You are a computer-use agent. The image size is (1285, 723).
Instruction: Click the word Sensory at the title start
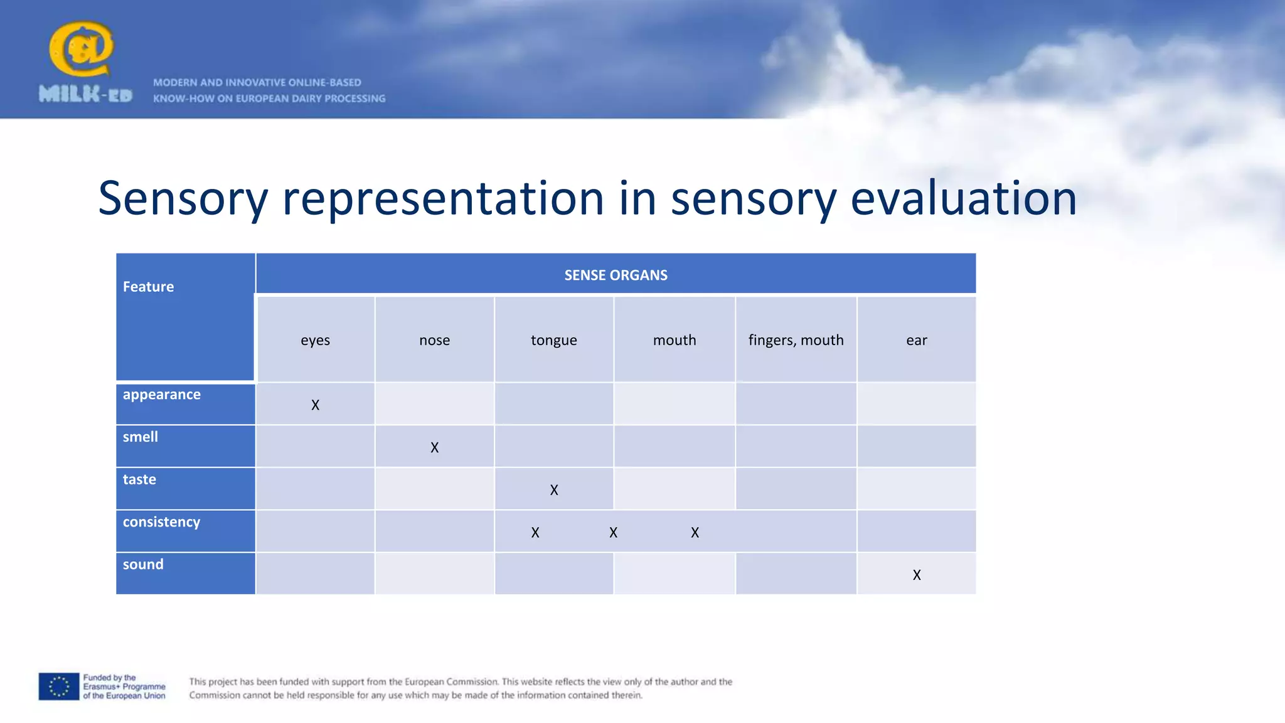(183, 198)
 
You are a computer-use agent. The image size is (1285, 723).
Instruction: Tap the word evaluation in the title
(963, 198)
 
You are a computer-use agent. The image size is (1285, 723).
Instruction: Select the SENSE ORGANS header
(616, 275)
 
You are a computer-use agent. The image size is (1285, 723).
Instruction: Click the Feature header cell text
(148, 287)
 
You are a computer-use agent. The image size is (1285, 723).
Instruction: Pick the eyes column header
(315, 340)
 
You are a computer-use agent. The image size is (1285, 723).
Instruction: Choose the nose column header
(434, 340)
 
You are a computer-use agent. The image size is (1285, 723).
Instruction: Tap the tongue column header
(553, 340)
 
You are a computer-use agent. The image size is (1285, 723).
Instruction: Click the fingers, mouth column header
(796, 340)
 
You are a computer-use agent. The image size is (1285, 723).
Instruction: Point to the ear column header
(916, 340)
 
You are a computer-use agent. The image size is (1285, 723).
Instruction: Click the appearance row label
(161, 395)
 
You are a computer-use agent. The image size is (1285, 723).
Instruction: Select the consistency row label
(161, 522)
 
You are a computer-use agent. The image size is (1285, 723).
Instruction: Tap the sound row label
(143, 564)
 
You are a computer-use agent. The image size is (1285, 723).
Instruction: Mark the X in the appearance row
(315, 405)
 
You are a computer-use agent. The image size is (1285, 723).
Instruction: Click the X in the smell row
(434, 447)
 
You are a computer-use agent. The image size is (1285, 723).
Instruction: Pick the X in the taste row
(553, 490)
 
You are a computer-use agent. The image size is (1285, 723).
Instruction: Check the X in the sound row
(916, 575)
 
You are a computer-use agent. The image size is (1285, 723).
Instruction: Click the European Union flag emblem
(59, 687)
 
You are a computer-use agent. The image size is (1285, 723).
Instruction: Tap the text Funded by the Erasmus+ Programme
(124, 687)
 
